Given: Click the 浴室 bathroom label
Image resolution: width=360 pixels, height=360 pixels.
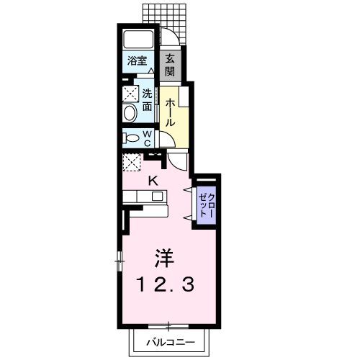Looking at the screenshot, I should click(138, 60).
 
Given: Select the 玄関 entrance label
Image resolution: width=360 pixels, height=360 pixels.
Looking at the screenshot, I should click(169, 66).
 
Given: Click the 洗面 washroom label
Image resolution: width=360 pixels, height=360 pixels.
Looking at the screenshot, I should click(146, 99).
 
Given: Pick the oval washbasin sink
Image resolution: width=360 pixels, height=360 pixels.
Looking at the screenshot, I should click(130, 114).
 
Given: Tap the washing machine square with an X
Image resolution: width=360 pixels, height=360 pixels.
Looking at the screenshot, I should click(130, 94).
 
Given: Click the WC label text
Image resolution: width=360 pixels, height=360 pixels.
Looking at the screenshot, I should click(146, 137).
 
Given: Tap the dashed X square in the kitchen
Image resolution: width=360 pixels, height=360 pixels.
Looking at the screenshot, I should click(131, 163).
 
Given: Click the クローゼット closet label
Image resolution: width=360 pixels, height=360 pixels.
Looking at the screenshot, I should click(205, 202).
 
